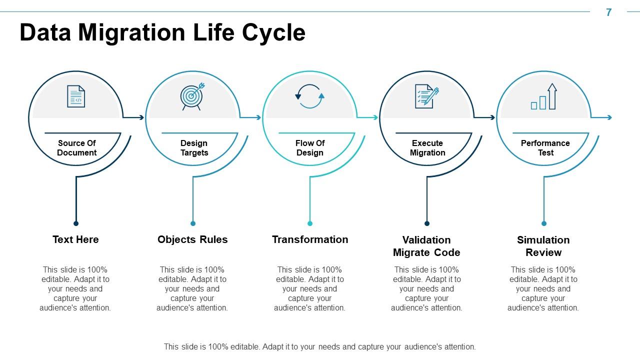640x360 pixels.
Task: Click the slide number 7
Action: (608, 12)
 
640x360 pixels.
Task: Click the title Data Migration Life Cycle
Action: (162, 33)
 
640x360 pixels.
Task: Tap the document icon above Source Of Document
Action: (76, 96)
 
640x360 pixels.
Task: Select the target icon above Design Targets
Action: (192, 96)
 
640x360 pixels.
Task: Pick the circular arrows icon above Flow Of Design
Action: (310, 96)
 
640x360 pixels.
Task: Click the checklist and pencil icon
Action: (426, 96)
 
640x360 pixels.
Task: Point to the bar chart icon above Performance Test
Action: (543, 96)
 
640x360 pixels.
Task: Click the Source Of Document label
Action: (76, 148)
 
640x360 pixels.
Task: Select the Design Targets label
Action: (194, 148)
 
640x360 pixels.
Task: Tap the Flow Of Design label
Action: (310, 148)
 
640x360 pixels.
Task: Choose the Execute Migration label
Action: (427, 148)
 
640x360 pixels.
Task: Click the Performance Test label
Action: (545, 148)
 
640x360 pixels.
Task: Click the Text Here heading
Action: (75, 239)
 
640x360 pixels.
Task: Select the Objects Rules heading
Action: (192, 239)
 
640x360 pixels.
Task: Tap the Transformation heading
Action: (310, 239)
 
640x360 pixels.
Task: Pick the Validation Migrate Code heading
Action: (426, 246)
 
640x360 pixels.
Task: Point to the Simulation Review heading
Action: (543, 246)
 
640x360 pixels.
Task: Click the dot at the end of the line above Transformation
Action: (310, 223)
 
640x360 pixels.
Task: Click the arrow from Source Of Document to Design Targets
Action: (133, 117)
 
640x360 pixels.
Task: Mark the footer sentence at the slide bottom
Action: (319, 346)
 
